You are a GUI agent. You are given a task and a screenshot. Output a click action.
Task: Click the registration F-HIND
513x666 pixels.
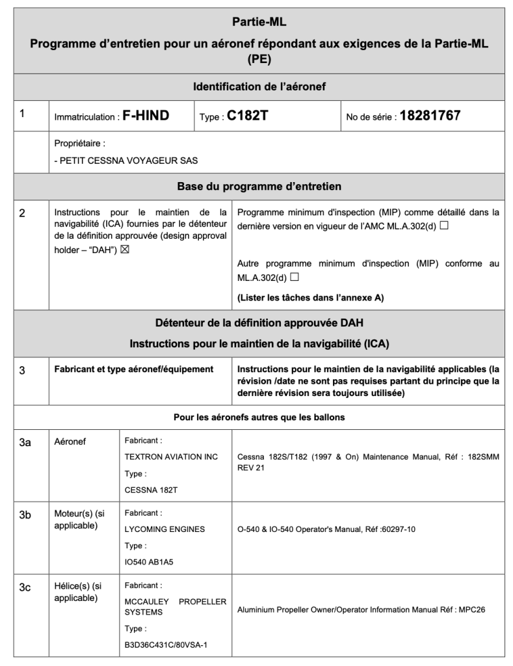pyautogui.click(x=146, y=116)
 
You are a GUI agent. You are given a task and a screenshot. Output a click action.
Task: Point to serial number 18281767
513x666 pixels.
pyautogui.click(x=430, y=116)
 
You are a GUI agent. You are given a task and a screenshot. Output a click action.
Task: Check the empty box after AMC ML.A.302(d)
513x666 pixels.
pyautogui.click(x=443, y=226)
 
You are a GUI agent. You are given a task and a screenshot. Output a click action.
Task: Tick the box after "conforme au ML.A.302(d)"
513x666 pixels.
pyautogui.click(x=295, y=277)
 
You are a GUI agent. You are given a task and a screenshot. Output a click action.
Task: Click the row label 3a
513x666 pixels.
pyautogui.click(x=25, y=442)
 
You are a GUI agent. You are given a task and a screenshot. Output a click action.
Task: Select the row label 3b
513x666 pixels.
pyautogui.click(x=25, y=514)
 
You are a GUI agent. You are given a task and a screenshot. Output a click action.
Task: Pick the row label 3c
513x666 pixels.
pyautogui.click(x=25, y=587)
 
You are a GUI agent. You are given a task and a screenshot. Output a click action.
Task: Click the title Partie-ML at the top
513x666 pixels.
pyautogui.click(x=259, y=22)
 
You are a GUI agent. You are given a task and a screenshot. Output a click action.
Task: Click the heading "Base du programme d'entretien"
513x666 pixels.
pyautogui.click(x=259, y=187)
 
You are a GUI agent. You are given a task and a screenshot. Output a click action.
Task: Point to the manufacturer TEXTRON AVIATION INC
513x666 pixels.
pyautogui.click(x=171, y=457)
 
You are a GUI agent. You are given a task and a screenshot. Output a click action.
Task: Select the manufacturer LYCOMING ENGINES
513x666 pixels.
pyautogui.click(x=164, y=529)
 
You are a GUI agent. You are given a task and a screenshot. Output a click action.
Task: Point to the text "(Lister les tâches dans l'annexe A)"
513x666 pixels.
pyautogui.click(x=310, y=298)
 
